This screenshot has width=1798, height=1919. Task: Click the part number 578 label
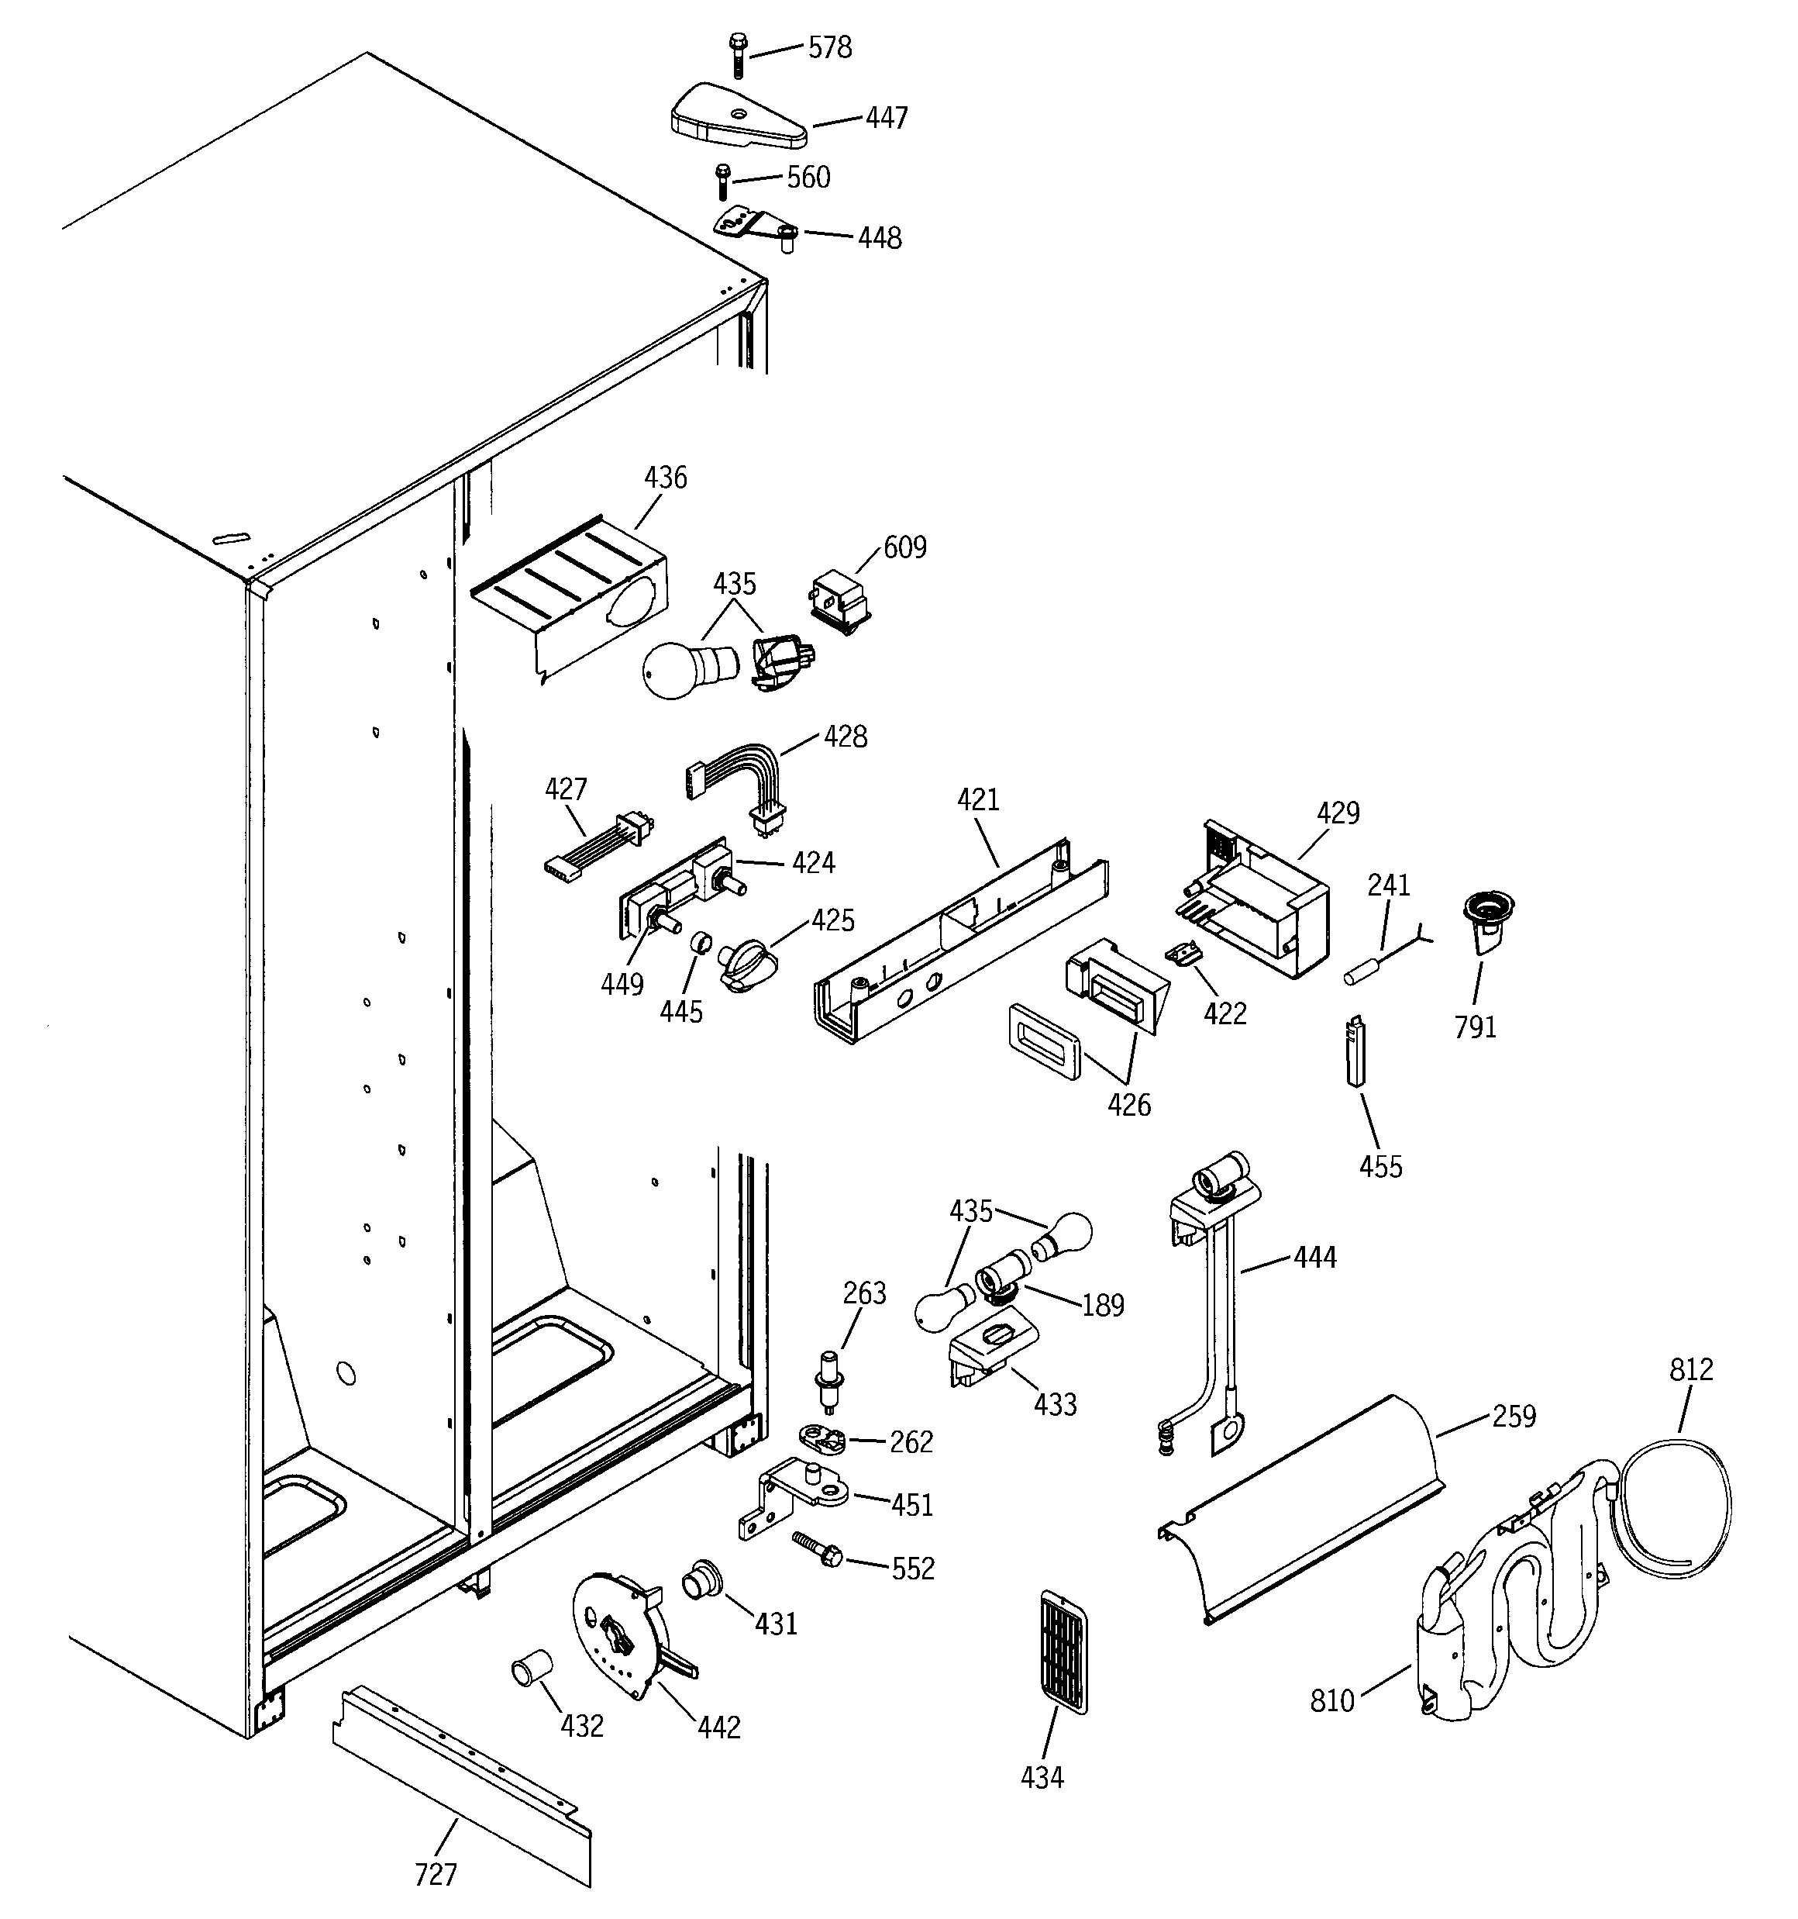coord(829,48)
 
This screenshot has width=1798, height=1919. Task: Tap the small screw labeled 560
coord(720,181)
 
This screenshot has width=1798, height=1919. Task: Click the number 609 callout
coord(904,547)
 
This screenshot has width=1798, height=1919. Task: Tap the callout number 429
coord(1338,813)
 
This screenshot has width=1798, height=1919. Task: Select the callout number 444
coord(1314,1257)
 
